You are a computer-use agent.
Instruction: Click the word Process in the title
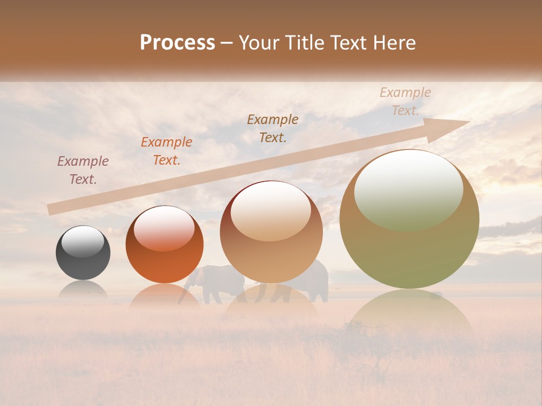coord(177,43)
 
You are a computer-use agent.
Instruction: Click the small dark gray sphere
coord(83,253)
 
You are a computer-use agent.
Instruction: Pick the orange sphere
coord(164,245)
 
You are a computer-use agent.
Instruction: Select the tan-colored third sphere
coord(271,232)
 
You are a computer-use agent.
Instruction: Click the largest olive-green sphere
coord(409,220)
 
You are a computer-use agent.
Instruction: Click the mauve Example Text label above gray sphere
coord(83,170)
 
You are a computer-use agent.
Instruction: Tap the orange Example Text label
coord(167,151)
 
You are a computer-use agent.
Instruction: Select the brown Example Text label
coord(273,128)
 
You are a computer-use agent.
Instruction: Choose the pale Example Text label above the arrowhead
coord(405,101)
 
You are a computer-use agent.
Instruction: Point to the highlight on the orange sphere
coord(164,228)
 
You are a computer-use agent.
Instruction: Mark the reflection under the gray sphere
coord(83,289)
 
